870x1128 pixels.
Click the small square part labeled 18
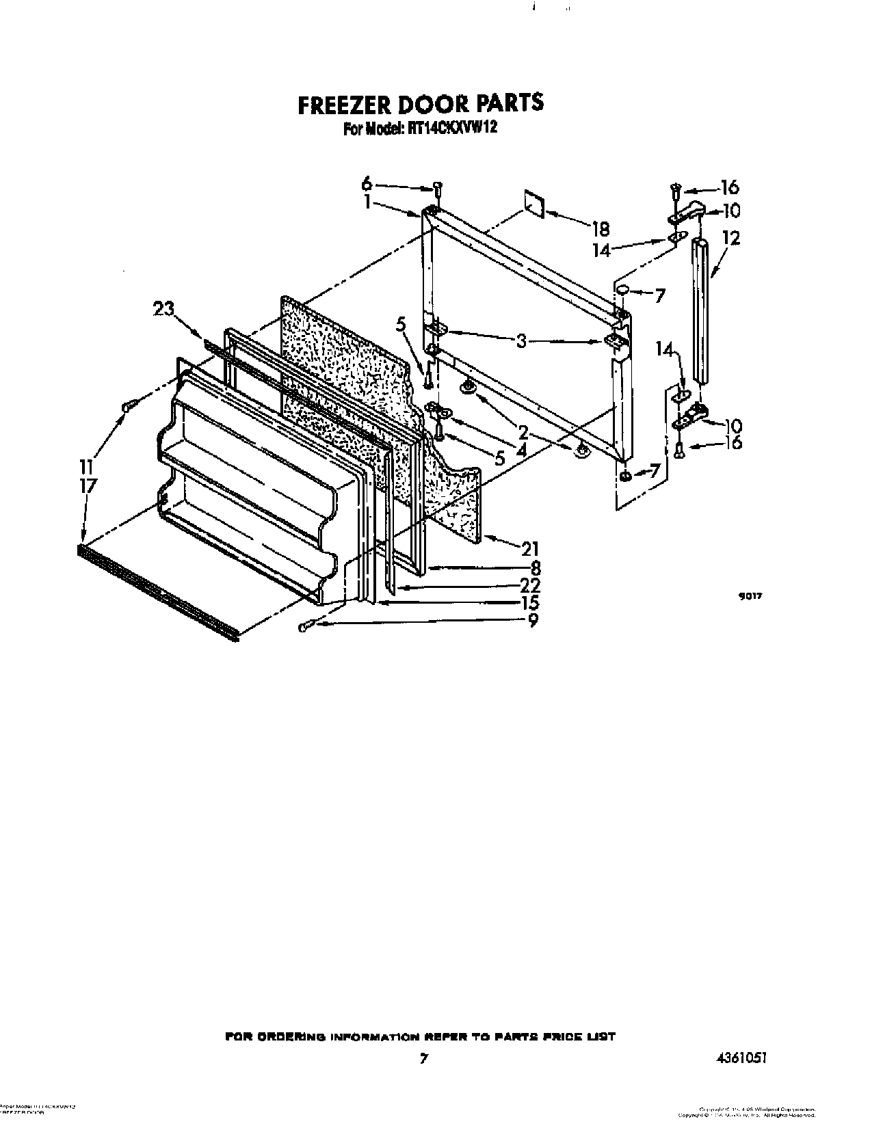(x=533, y=204)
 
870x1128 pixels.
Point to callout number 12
(x=730, y=238)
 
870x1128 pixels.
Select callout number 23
(x=163, y=309)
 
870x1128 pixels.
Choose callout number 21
(x=531, y=548)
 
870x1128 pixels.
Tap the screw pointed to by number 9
(x=305, y=627)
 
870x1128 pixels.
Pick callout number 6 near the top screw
(x=367, y=183)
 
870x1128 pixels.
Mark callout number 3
(x=521, y=340)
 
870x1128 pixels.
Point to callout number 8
(x=535, y=567)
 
